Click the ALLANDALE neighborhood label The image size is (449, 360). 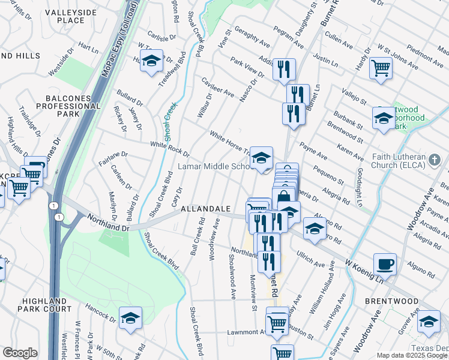click(206, 208)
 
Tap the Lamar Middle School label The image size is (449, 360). click(213, 166)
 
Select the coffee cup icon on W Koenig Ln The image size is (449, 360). click(385, 263)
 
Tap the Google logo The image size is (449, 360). click(19, 353)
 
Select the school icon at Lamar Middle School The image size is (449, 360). click(261, 158)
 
